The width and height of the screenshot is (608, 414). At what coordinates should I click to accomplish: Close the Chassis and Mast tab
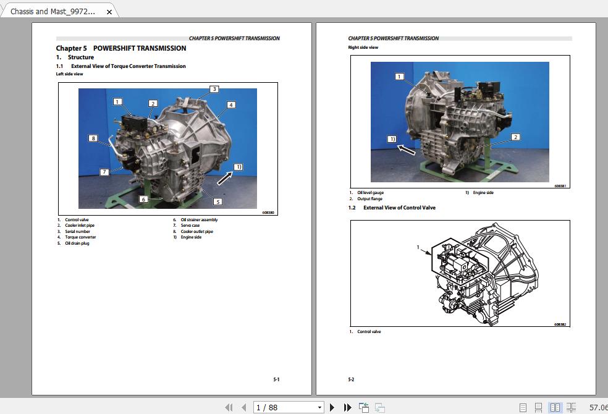[x=109, y=12]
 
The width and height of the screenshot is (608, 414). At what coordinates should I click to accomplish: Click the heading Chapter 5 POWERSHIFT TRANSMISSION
[x=120, y=48]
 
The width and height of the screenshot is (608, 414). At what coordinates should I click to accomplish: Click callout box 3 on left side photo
[x=214, y=89]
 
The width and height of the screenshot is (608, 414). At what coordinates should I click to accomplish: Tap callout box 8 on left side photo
[x=93, y=138]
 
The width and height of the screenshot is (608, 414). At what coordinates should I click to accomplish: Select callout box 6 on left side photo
[x=143, y=200]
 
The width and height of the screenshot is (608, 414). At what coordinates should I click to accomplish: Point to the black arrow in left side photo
[x=225, y=178]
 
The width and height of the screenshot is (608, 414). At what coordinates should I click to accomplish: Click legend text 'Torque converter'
[x=80, y=237]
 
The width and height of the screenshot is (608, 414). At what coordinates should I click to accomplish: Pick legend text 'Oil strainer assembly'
[x=199, y=220]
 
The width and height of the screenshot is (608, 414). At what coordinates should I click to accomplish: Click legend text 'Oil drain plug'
[x=77, y=243]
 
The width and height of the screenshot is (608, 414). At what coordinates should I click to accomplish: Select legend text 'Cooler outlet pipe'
[x=196, y=232]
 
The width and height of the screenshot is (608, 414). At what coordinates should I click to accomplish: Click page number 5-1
[x=276, y=379]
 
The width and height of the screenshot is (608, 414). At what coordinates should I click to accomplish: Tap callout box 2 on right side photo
[x=515, y=137]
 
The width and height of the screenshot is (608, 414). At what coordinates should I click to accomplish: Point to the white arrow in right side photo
[x=406, y=150]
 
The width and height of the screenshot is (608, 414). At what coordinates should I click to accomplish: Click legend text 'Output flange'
[x=369, y=199]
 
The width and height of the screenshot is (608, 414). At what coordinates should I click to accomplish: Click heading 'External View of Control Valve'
[x=399, y=208]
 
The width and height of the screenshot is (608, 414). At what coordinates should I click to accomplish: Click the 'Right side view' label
[x=363, y=48]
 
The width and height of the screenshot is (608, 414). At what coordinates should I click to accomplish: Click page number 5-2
[x=351, y=379]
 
